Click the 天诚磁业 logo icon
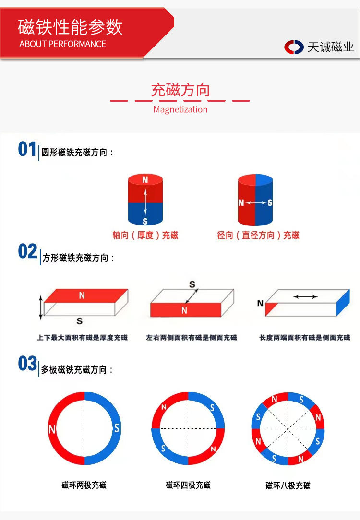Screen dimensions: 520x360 pyautogui.click(x=294, y=47)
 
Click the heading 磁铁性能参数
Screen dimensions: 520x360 pyautogui.click(x=70, y=27)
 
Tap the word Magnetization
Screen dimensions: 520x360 pyautogui.click(x=180, y=109)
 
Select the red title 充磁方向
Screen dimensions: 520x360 pyautogui.click(x=180, y=90)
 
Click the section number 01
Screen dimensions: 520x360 pyautogui.click(x=27, y=150)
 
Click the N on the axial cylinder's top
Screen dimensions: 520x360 pyautogui.click(x=145, y=180)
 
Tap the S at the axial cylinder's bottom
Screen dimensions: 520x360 pyautogui.click(x=145, y=221)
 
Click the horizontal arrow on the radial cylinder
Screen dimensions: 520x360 pyautogui.click(x=256, y=203)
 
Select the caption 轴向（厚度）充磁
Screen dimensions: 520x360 pyautogui.click(x=145, y=236)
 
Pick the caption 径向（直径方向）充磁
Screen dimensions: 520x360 pyautogui.click(x=258, y=236)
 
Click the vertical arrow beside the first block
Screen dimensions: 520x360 pyautogui.click(x=41, y=307)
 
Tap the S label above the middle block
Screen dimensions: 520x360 pyautogui.click(x=192, y=285)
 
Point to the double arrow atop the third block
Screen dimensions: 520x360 pyautogui.click(x=305, y=297)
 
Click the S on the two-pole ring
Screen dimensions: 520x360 pyautogui.click(x=116, y=428)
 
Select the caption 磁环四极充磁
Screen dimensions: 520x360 pyautogui.click(x=188, y=485)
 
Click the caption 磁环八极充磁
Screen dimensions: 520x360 pyautogui.click(x=288, y=485)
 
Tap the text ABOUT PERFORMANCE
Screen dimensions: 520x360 pyautogui.click(x=62, y=44)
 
